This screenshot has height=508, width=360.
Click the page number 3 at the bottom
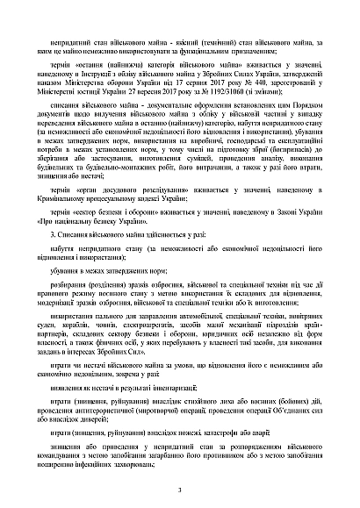click(179, 490)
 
